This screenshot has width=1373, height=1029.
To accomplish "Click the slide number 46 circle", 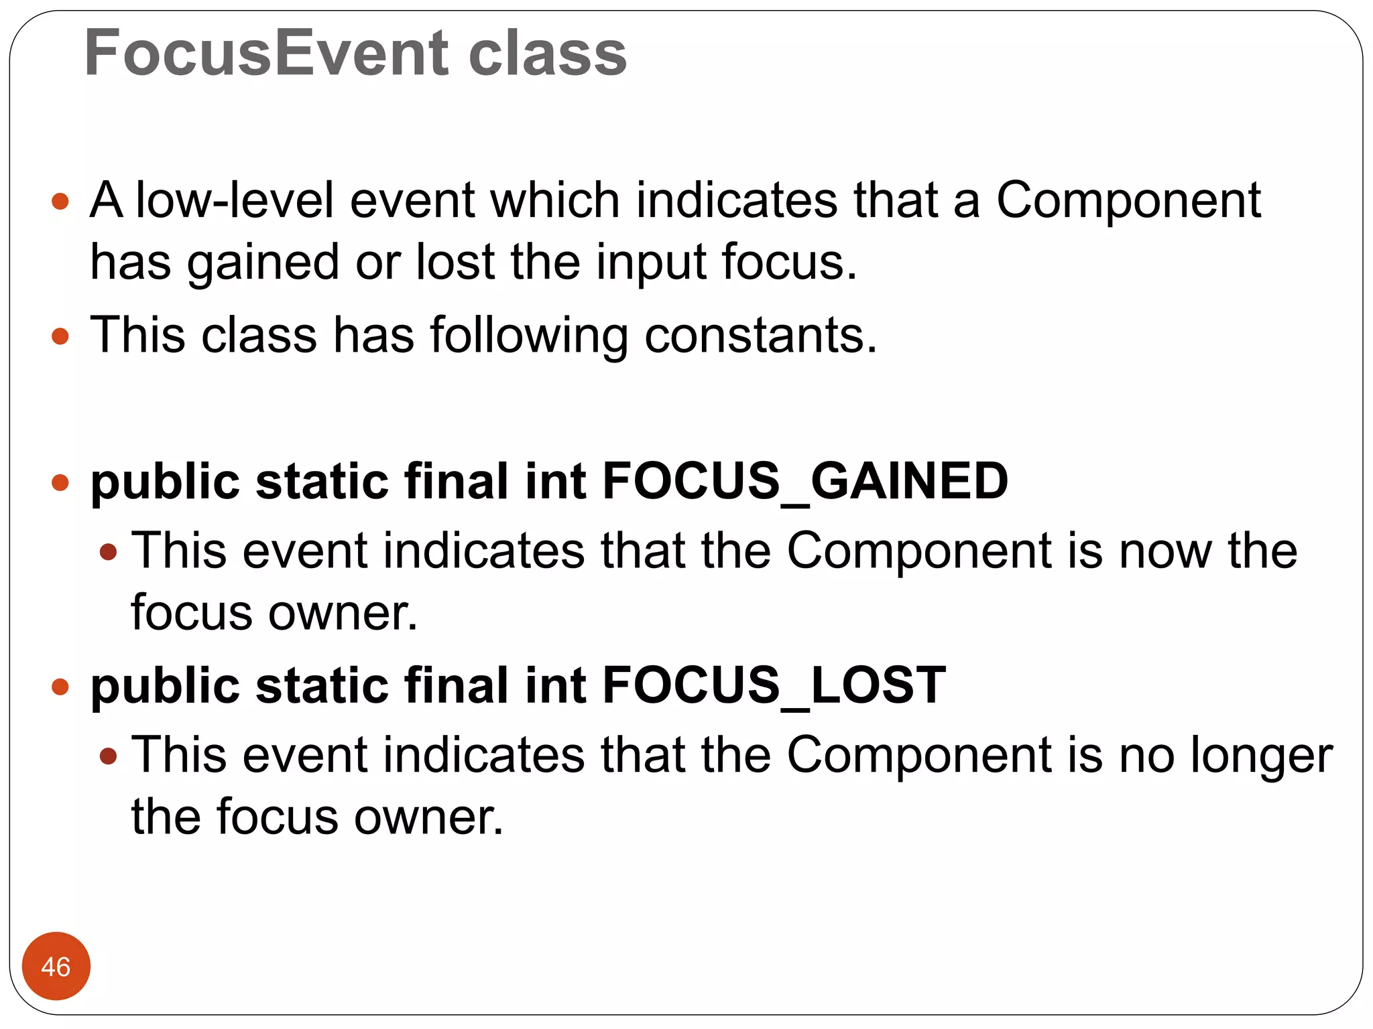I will pos(56,966).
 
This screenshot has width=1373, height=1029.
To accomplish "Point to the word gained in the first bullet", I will pos(263,263).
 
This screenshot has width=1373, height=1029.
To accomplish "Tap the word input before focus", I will pos(651,263).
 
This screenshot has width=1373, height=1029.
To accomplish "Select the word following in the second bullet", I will pos(529,335).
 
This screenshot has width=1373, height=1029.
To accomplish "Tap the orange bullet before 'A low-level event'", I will pos(60,201).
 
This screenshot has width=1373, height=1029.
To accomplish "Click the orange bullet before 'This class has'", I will pos(60,336).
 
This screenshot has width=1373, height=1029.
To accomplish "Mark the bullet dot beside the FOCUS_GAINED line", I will pos(60,482).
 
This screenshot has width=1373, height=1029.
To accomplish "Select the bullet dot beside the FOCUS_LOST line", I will pos(60,686).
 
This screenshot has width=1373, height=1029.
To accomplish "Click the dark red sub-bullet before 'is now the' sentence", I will pos(108,553).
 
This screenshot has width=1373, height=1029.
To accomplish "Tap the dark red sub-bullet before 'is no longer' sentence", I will pos(108,756).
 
